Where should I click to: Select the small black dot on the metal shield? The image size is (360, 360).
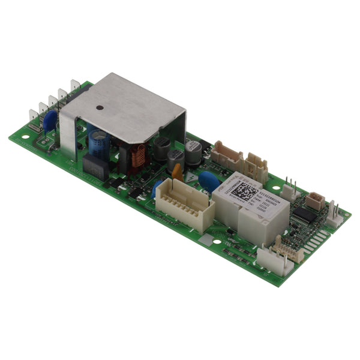pos(100,108)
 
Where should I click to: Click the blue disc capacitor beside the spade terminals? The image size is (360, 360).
pos(50,121)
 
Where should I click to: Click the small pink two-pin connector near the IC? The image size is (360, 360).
pos(315,200)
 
